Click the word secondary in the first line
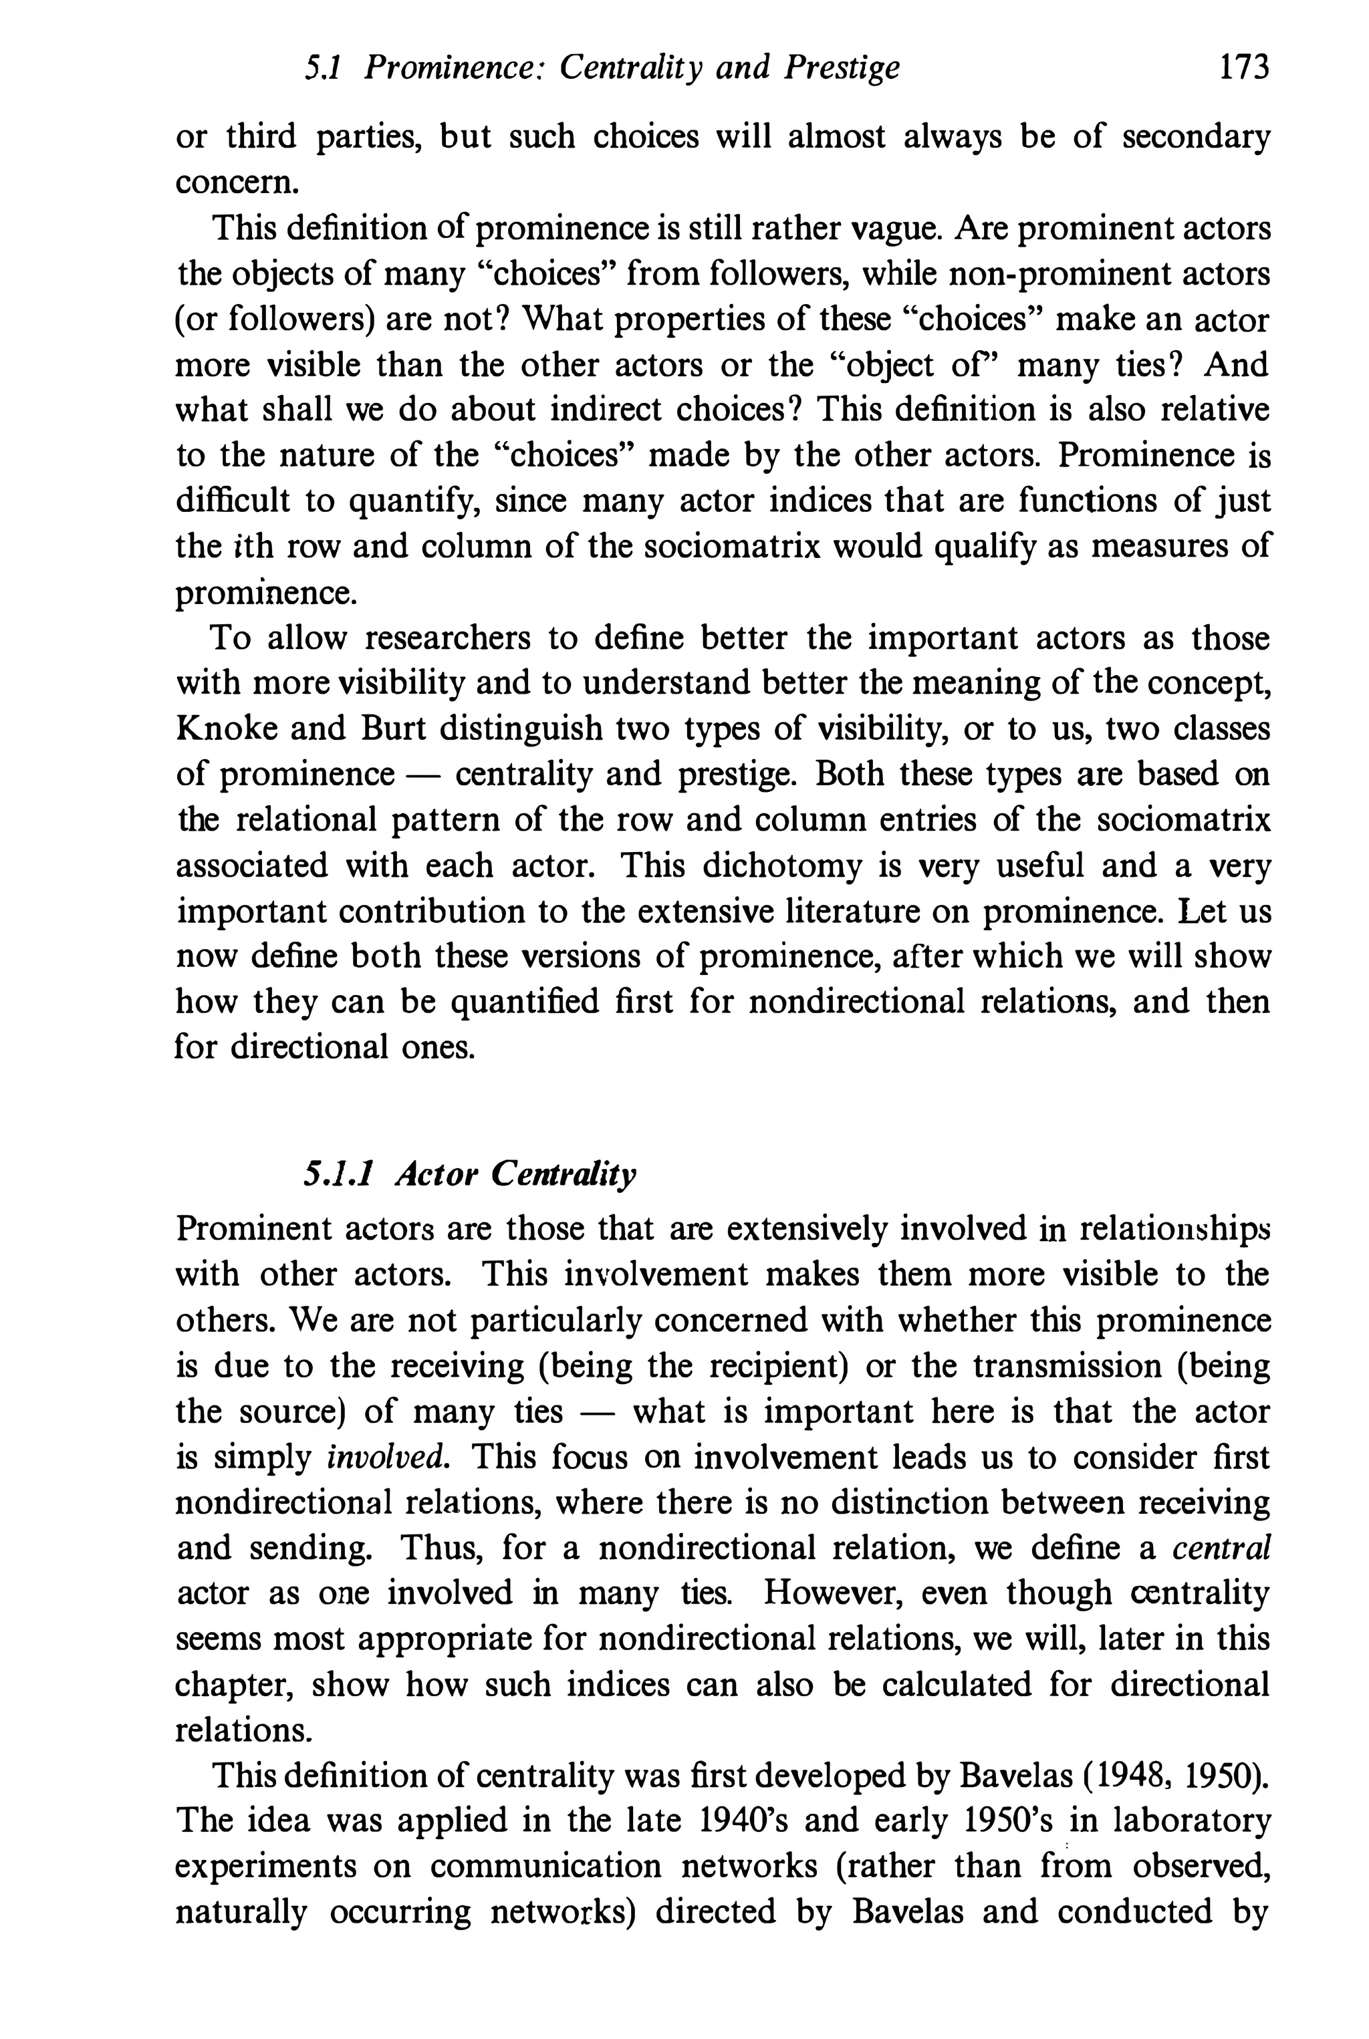point(1195,137)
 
